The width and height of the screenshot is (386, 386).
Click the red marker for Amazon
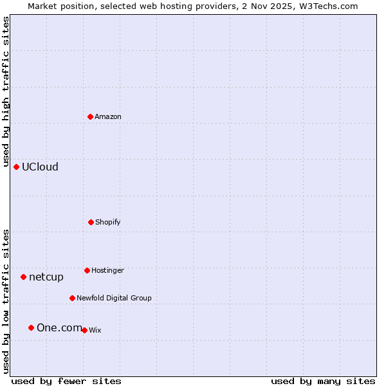click(91, 116)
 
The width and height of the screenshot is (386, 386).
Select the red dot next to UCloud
click(17, 167)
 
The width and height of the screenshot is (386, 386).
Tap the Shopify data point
click(91, 222)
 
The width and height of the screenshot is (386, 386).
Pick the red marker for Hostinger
click(87, 270)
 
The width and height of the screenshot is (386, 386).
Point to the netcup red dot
click(24, 277)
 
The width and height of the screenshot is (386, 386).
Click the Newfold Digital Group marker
click(72, 298)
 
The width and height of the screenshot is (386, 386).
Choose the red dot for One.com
click(31, 327)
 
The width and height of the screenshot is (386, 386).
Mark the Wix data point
click(84, 330)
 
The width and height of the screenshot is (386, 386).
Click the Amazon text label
click(108, 117)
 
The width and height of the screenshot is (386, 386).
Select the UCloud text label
click(40, 167)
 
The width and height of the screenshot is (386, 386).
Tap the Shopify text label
click(108, 223)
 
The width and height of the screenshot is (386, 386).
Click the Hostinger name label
click(107, 271)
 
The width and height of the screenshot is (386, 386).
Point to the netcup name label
click(46, 277)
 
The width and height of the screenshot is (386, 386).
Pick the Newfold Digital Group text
click(114, 299)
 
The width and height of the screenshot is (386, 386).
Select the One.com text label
click(59, 328)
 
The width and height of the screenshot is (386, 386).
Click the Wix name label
click(95, 331)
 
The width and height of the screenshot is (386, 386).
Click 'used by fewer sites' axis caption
click(66, 381)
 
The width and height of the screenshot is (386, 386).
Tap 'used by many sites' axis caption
click(323, 381)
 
